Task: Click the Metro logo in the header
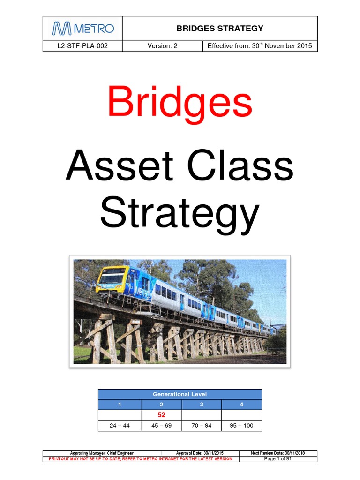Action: pos(83,29)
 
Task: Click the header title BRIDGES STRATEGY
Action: pos(220,29)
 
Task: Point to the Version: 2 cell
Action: pos(162,46)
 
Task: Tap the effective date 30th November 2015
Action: pos(260,46)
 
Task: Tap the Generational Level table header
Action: pos(180,394)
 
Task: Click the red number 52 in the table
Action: pos(161,415)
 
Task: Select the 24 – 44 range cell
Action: pos(120,426)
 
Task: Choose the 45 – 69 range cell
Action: pos(161,426)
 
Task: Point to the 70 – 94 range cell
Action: pos(202,426)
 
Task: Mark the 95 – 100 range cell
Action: pos(241,426)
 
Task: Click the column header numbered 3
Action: pos(202,405)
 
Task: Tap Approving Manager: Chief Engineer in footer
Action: pos(102,453)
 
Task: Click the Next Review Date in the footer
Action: pos(277,453)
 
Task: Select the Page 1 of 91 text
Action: pos(277,459)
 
